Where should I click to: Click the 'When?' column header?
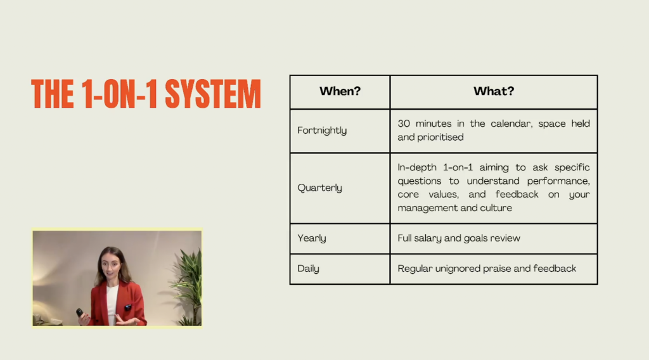click(340, 91)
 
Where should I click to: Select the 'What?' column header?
click(494, 91)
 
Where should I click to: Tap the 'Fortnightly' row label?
click(322, 131)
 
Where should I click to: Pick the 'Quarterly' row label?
click(320, 188)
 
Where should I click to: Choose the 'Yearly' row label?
click(312, 238)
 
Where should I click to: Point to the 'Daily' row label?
click(309, 269)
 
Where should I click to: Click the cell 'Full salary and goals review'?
click(459, 238)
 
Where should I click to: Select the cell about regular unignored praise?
click(487, 269)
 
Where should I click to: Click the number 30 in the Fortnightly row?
click(404, 124)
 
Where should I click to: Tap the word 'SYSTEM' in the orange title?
click(213, 94)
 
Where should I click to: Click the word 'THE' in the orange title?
click(53, 94)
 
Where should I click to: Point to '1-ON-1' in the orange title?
click(120, 94)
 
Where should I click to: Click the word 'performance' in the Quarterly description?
click(558, 181)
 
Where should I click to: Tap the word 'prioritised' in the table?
click(440, 138)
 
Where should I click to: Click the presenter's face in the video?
click(112, 267)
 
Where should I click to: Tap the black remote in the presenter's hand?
click(80, 313)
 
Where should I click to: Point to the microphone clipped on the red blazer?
click(128, 307)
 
